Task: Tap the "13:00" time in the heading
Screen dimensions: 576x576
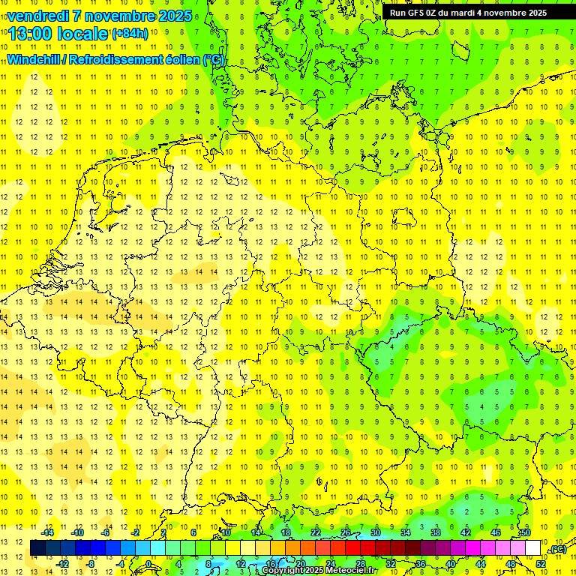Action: [x=31, y=33]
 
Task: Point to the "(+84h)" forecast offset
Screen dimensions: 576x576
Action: [x=130, y=34]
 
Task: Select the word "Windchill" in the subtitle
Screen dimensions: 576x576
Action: [x=34, y=60]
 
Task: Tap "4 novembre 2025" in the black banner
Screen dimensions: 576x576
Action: [x=511, y=13]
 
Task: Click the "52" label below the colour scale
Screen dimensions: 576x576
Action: [x=541, y=563]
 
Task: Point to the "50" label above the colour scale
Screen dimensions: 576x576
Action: [x=526, y=532]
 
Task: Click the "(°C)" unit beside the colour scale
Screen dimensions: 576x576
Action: [x=557, y=550]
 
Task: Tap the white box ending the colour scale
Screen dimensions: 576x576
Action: [x=532, y=547]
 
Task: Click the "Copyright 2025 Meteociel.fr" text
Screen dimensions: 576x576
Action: [x=319, y=571]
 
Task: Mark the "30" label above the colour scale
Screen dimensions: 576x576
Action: [x=375, y=532]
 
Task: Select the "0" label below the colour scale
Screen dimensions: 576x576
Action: [x=149, y=563]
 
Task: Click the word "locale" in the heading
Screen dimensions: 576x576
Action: [x=82, y=33]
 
